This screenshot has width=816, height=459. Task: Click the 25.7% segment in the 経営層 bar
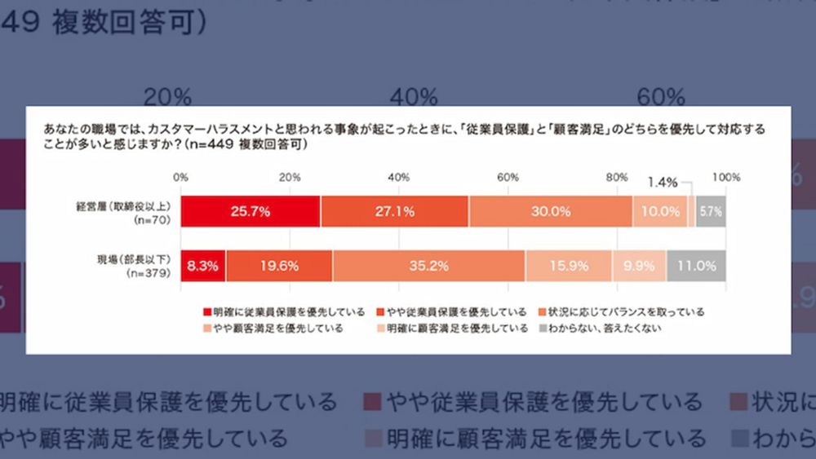pos(251,211)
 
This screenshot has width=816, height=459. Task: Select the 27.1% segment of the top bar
pos(394,211)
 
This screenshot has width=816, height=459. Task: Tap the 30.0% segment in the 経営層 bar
pos(550,211)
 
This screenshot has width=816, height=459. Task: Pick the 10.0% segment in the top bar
pos(660,211)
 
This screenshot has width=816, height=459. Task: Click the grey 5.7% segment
pos(711,211)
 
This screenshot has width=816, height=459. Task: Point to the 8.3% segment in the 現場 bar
pos(203,265)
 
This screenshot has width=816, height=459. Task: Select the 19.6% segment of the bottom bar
pos(279,265)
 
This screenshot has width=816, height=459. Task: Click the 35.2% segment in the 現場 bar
pos(428,265)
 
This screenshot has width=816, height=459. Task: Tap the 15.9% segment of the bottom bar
pos(568,265)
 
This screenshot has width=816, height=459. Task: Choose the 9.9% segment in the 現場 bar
pos(639,265)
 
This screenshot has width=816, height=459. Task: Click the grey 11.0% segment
pos(696,265)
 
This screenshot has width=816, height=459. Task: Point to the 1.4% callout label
pos(663,183)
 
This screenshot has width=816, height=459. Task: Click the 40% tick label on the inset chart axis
pos(398,178)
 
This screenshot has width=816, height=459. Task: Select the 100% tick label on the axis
pos(725,178)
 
